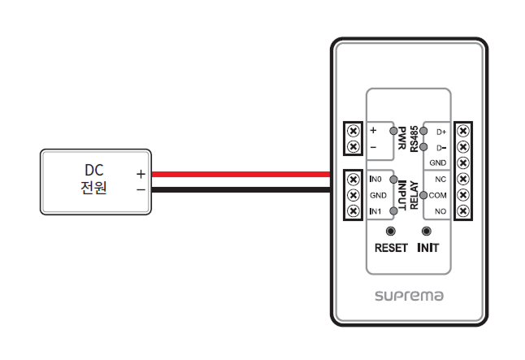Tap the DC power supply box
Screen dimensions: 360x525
point(96,181)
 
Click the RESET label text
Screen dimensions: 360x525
point(391,247)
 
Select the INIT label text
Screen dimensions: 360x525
point(427,247)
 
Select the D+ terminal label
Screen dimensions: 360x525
point(441,131)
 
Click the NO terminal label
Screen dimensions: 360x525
point(440,211)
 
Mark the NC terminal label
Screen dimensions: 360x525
point(440,179)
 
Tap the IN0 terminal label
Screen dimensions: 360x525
point(375,179)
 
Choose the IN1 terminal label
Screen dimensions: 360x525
point(375,211)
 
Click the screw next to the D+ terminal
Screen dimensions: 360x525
point(463,130)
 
